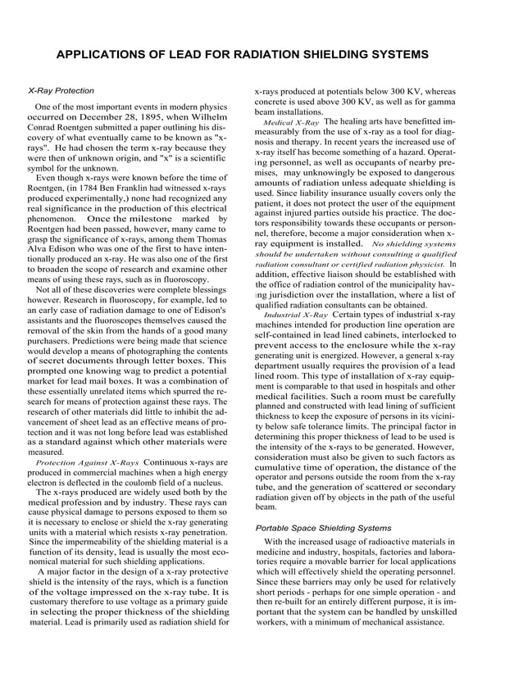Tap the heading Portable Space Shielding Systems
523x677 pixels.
[323, 528]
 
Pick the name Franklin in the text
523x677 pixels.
[152, 188]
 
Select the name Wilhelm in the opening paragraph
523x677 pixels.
[204, 117]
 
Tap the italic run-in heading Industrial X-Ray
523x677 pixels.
[295, 314]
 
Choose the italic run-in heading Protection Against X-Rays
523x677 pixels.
[88, 462]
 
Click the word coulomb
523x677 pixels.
[146, 484]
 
